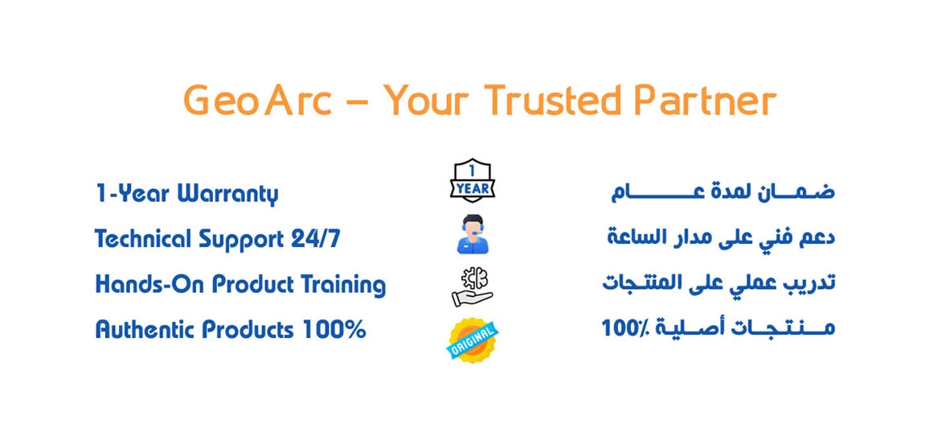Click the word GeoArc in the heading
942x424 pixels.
[x=258, y=101]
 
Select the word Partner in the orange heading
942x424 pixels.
[x=706, y=101]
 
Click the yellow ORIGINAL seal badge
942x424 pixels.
[x=473, y=340]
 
